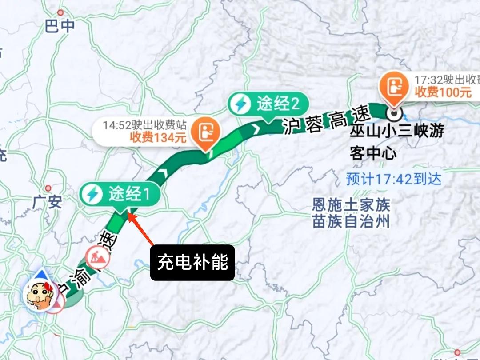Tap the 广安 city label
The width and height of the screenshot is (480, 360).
(47, 202)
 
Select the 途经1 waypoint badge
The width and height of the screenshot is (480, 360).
(120, 194)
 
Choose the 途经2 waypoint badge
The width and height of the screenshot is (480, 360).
(268, 104)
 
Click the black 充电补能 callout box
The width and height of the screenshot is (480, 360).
(192, 263)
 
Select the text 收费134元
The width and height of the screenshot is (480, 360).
(158, 138)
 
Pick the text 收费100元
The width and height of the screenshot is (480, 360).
(443, 93)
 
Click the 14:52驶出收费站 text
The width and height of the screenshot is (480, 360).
(144, 125)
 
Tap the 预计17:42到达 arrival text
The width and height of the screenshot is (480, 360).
(394, 179)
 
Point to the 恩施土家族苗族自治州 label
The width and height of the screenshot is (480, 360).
(351, 213)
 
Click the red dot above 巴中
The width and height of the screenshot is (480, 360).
(60, 13)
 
